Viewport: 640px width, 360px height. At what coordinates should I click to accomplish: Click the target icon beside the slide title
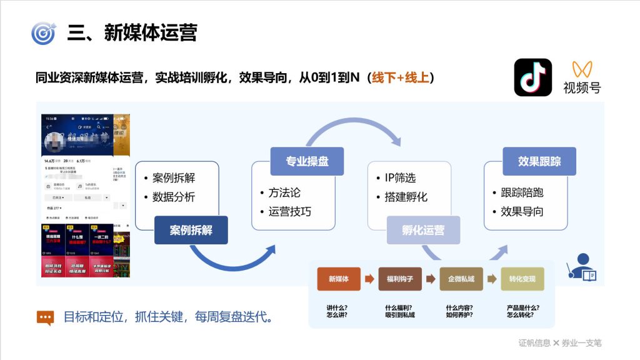coord(43,32)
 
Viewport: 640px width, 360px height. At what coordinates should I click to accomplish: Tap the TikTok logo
coord(532,77)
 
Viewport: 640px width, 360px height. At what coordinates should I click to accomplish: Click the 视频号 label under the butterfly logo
coord(582,87)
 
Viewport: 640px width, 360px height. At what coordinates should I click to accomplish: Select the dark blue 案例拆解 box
coord(191,230)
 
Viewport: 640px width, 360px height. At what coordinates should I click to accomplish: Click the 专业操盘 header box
coord(307,161)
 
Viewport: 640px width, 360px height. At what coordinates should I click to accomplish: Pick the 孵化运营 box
coord(423,230)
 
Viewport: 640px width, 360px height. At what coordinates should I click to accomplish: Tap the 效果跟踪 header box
coord(539,161)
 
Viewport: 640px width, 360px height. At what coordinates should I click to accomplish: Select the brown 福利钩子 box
coord(400,279)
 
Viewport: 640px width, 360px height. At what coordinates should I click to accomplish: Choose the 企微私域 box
coord(461,279)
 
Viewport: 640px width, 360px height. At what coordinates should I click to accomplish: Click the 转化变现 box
coord(522,279)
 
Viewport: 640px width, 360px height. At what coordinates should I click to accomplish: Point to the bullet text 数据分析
coord(174,197)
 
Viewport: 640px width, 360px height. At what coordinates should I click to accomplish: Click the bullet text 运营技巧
coord(289,211)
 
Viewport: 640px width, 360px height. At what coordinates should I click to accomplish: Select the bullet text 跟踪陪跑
coord(522,192)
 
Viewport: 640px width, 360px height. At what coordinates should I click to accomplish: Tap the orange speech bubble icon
coord(45,317)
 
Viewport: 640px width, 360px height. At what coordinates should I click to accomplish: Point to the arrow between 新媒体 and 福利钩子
coord(369,279)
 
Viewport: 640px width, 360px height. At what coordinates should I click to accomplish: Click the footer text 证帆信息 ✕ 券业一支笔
coord(559,342)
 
